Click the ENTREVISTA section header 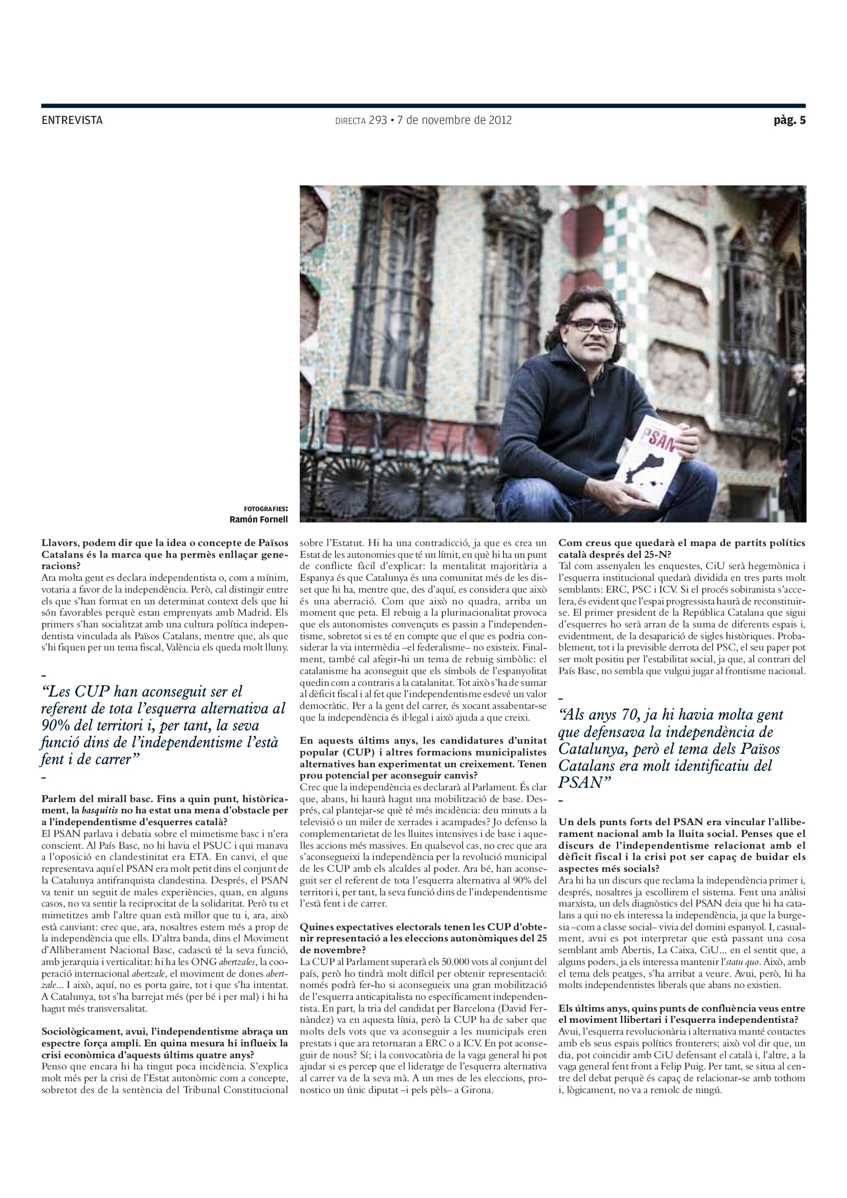pyautogui.click(x=72, y=120)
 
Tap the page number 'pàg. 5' pyautogui.click(x=789, y=120)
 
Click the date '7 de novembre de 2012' pyautogui.click(x=454, y=120)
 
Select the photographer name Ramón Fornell pyautogui.click(x=258, y=519)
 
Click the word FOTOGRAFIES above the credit pyautogui.click(x=265, y=509)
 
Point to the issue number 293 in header pyautogui.click(x=378, y=120)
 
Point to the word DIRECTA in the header pyautogui.click(x=349, y=121)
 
